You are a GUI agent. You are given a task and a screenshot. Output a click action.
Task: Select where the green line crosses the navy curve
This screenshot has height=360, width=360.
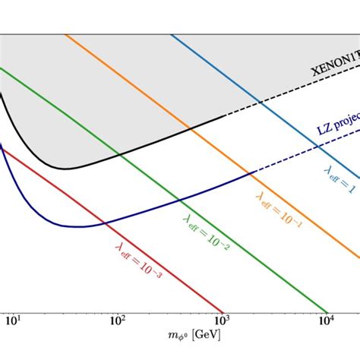[179, 200]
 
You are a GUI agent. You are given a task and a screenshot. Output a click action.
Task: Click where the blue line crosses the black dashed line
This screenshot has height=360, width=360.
[261, 103]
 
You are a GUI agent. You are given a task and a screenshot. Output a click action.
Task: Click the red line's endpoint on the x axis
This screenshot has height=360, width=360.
[223, 311]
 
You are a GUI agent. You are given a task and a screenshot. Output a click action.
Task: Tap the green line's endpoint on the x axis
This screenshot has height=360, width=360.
[327, 311]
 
